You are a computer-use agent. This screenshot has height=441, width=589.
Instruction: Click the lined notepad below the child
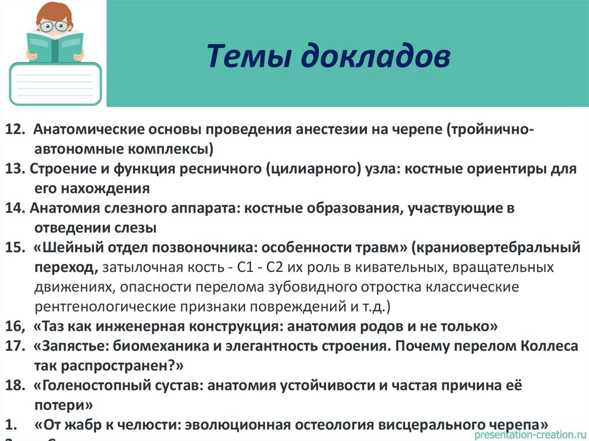tap(55, 84)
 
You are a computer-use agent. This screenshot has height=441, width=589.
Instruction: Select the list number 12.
tap(16, 128)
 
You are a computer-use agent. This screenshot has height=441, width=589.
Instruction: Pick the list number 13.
tap(16, 168)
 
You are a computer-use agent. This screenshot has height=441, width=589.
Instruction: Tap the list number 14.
tap(16, 208)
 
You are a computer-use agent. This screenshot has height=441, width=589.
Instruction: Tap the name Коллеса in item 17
tap(550, 346)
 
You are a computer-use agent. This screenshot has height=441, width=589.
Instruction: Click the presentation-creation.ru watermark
tap(529, 435)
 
